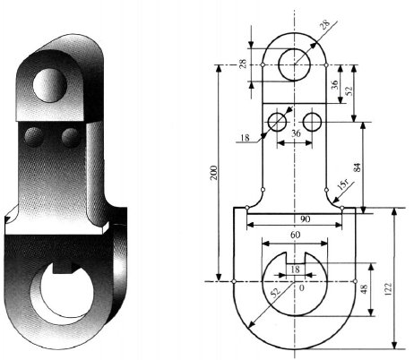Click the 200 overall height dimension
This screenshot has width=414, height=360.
click(213, 174)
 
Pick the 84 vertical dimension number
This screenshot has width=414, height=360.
click(369, 166)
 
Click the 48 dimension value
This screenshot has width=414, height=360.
click(377, 290)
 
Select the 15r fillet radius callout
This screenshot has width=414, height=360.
click(341, 187)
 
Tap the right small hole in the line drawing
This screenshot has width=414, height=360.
click(313, 120)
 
